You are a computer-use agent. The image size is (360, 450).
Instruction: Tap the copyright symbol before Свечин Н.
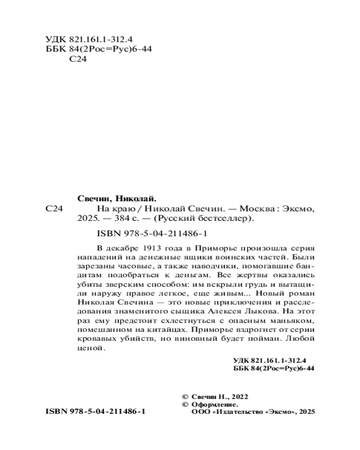click(x=184, y=396)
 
